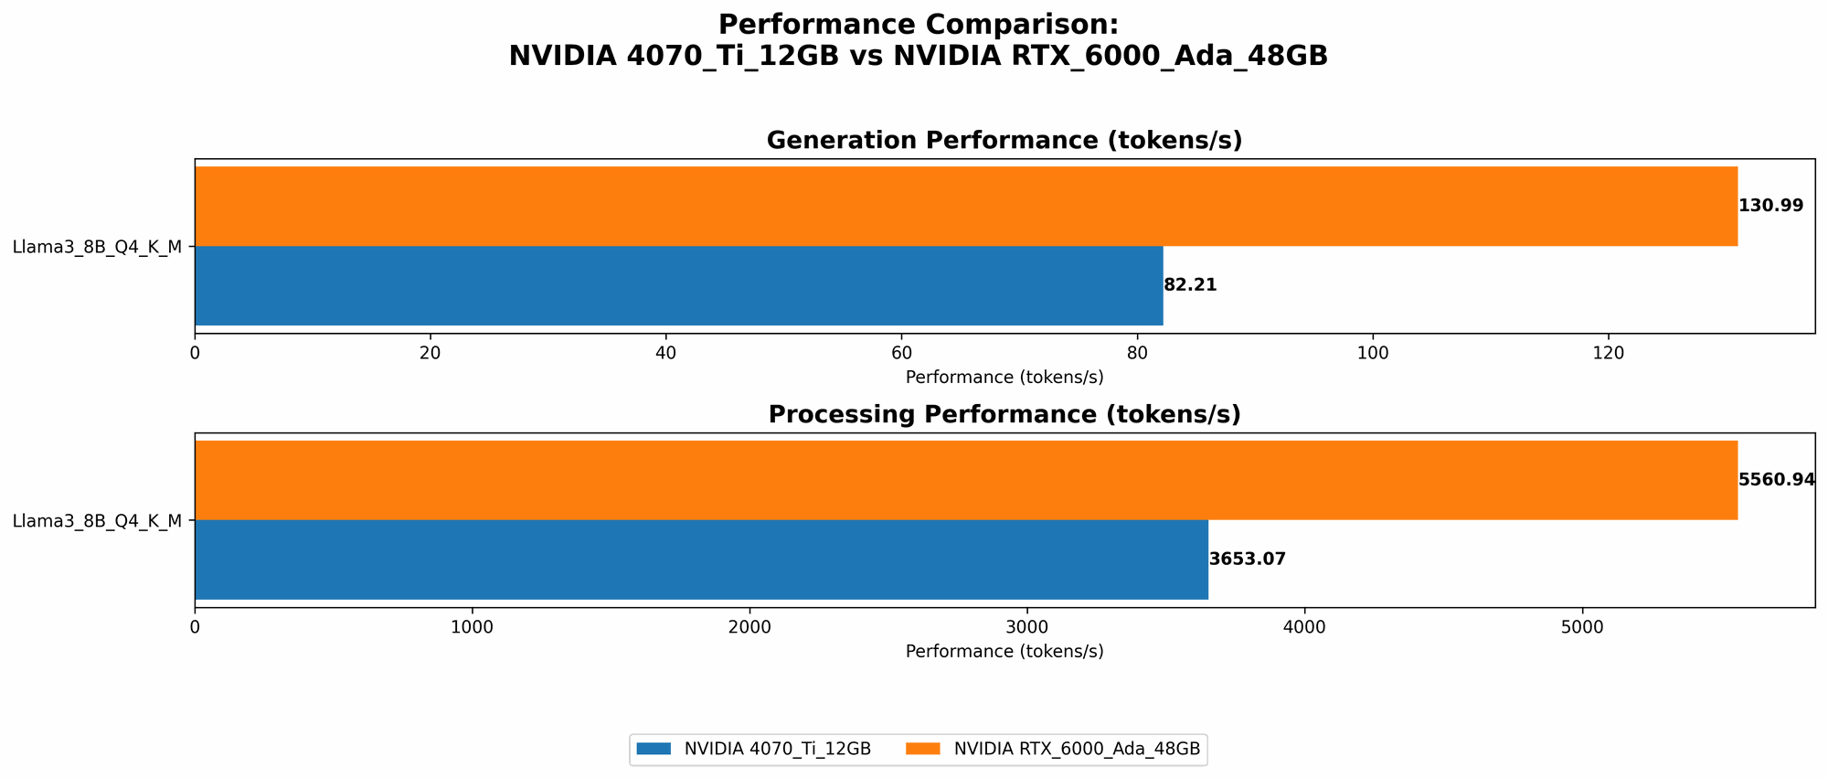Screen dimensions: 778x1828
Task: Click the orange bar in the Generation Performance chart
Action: (x=965, y=206)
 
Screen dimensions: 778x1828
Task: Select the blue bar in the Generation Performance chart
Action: (x=678, y=285)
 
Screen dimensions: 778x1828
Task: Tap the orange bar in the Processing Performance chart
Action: (x=965, y=480)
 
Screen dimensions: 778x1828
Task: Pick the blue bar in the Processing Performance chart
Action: (x=701, y=560)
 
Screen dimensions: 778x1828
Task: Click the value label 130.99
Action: (x=1770, y=206)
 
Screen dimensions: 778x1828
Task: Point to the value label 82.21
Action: (x=1190, y=285)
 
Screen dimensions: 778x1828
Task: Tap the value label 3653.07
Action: (x=1247, y=560)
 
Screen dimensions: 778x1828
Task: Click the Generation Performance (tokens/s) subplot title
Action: (x=1004, y=141)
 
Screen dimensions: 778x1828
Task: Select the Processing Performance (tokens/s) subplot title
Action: (x=1004, y=415)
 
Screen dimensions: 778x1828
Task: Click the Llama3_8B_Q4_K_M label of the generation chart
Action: (x=97, y=247)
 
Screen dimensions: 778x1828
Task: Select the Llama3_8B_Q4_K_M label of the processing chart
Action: (x=97, y=521)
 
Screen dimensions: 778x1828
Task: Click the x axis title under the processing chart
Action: (x=1004, y=652)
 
